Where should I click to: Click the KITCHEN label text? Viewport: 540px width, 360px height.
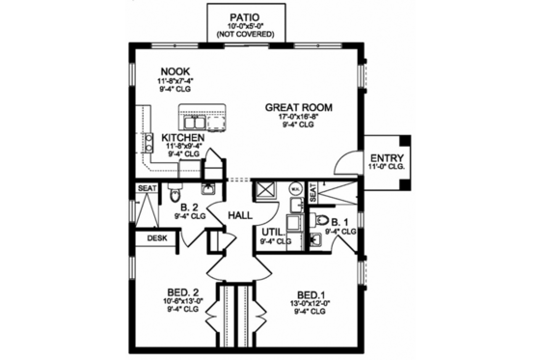tap(182, 138)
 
